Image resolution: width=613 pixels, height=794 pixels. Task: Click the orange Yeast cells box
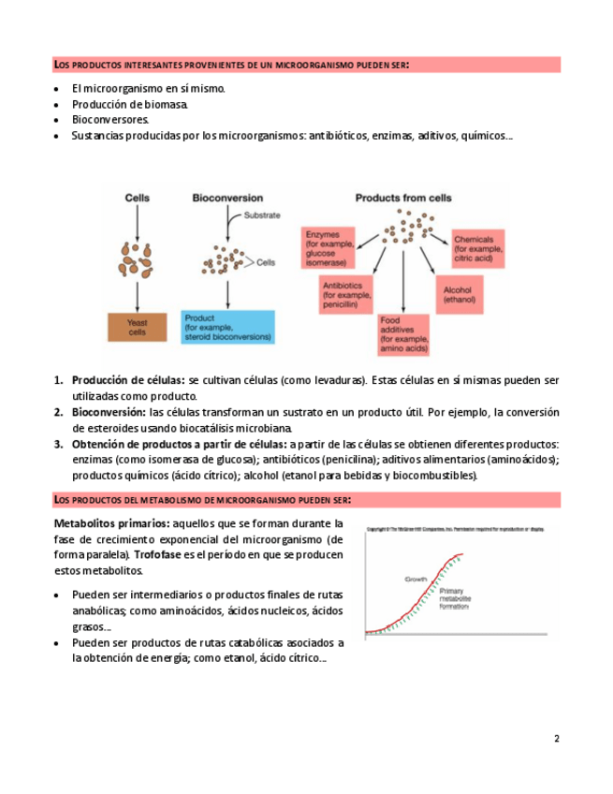point(139,328)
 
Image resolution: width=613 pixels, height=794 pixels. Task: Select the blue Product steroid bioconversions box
point(228,328)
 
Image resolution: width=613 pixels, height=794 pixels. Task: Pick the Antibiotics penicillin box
point(346,294)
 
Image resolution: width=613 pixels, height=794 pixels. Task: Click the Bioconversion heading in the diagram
point(226,198)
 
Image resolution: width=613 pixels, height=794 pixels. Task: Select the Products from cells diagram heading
point(403,198)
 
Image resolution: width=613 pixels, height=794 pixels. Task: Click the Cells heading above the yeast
point(138,198)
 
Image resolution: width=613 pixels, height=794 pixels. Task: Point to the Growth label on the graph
point(416,581)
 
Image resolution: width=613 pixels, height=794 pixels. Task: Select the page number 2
point(557,739)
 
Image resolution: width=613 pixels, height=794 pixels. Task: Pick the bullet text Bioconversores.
point(109,120)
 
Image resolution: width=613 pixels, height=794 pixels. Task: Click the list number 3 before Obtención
point(58,444)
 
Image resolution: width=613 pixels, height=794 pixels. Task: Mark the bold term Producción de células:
point(128,380)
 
